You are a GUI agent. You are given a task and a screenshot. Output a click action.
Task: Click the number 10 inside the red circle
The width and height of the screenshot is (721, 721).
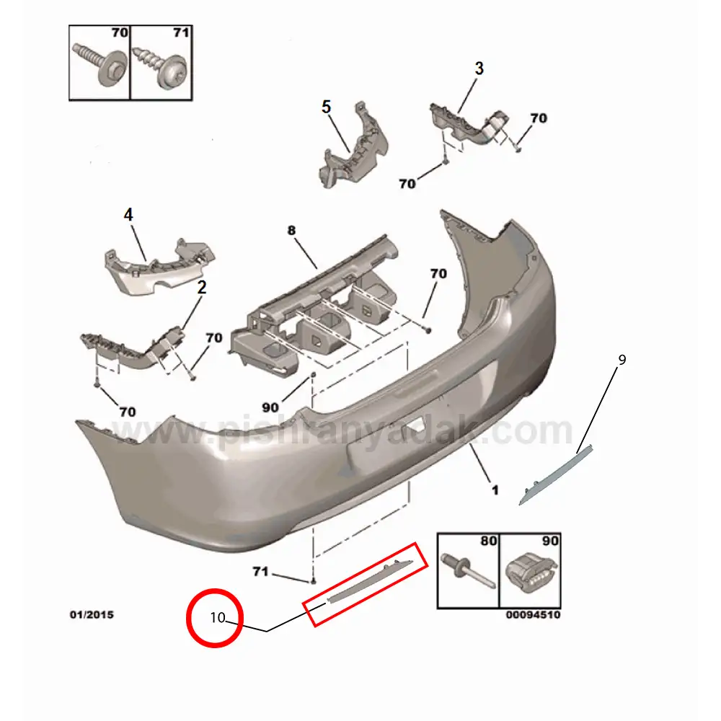(x=218, y=617)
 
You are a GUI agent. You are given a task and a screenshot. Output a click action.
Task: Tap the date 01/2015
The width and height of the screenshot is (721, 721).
(x=92, y=614)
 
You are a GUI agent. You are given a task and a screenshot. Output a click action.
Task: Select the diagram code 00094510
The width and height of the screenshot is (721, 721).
(x=533, y=615)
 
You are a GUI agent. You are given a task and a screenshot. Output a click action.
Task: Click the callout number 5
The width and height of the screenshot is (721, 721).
(x=326, y=107)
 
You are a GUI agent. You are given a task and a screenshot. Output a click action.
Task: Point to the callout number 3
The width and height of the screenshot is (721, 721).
(x=479, y=68)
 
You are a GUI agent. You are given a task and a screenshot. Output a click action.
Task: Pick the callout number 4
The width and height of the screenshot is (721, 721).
(x=128, y=215)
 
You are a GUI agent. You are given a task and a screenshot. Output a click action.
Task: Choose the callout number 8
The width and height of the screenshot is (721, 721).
(x=291, y=230)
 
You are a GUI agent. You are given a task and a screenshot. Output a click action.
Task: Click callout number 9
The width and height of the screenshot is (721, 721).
(x=622, y=360)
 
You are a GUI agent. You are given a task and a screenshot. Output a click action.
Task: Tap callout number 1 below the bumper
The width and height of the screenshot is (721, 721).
(x=495, y=490)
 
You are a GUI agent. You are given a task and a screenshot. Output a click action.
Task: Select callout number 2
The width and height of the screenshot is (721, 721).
(x=202, y=288)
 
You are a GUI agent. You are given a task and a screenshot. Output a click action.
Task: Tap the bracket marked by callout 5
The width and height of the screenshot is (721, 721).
(x=353, y=146)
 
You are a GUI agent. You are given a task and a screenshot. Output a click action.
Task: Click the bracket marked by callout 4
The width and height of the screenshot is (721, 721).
(x=159, y=267)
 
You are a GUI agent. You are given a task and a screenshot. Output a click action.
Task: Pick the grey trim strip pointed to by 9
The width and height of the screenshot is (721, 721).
(x=556, y=475)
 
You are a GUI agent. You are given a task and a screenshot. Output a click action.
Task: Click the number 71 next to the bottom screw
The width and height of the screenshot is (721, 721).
(x=260, y=572)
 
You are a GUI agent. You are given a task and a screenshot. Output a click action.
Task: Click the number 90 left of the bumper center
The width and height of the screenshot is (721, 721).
(x=270, y=407)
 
